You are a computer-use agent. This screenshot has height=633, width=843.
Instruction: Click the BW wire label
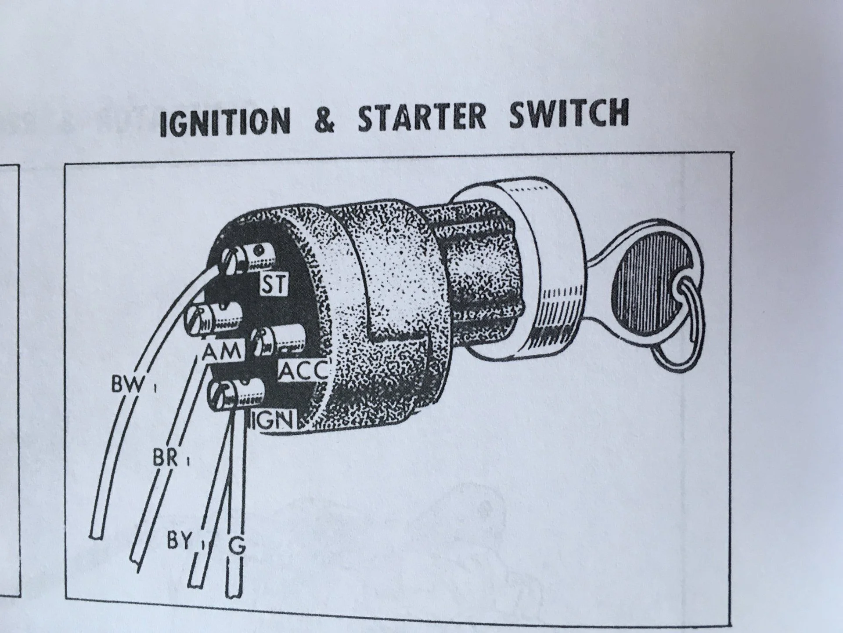click(127, 386)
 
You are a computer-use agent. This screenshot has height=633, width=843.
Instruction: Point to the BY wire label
click(180, 541)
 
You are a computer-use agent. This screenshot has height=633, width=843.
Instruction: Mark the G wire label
click(237, 546)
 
